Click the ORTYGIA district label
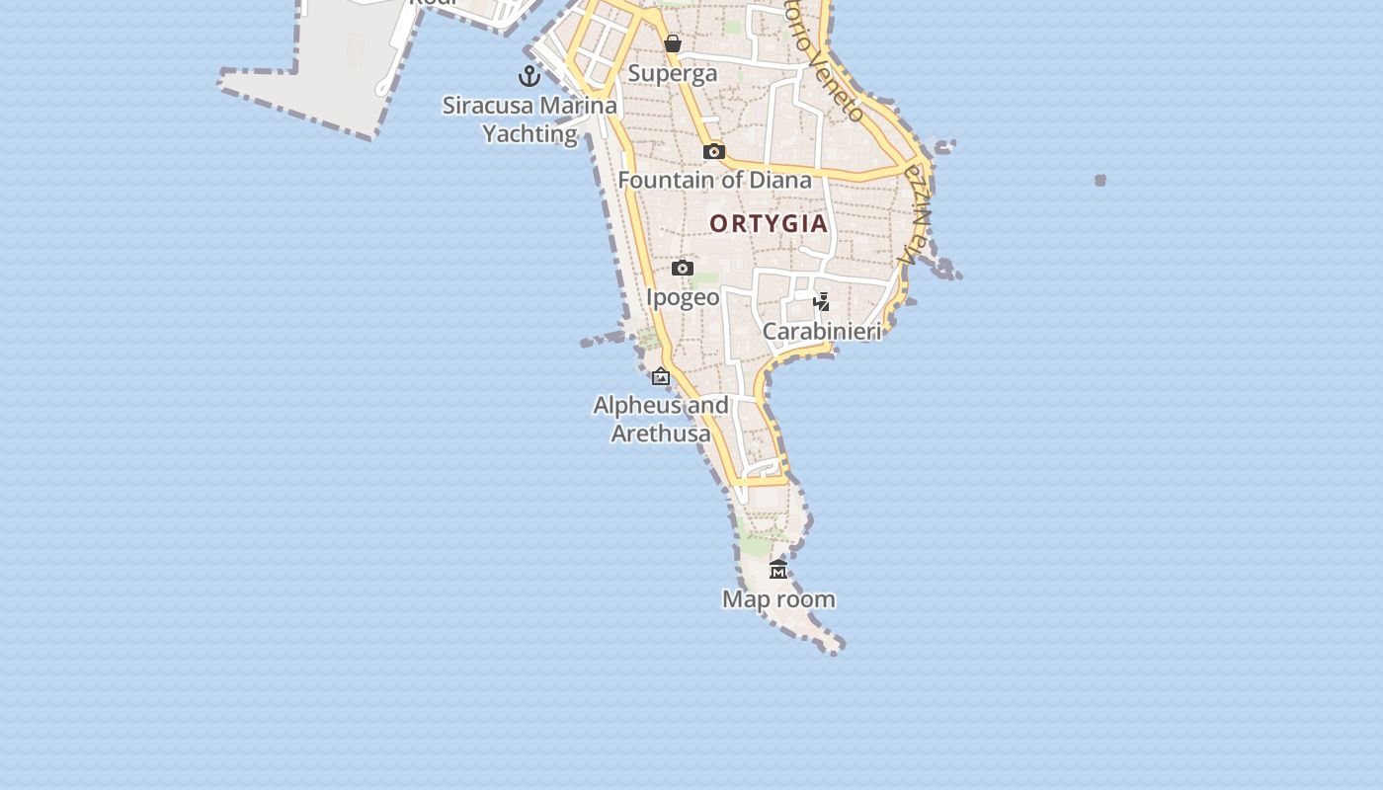(x=769, y=223)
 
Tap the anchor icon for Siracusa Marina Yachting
(x=529, y=75)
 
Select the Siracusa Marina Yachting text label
(x=529, y=119)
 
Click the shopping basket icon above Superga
(x=673, y=43)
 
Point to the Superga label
(x=673, y=73)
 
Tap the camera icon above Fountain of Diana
(x=714, y=151)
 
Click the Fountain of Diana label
(x=714, y=180)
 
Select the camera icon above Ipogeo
(x=683, y=268)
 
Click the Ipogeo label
(x=683, y=297)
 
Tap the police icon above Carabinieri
(x=821, y=301)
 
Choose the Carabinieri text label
(x=821, y=331)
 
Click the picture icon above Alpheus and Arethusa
(x=661, y=376)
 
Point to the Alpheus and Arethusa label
(x=661, y=419)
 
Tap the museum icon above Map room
(x=778, y=569)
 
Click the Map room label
(x=778, y=599)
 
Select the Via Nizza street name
(x=917, y=213)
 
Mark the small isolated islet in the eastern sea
(x=1100, y=180)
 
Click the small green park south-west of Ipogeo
(x=649, y=339)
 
